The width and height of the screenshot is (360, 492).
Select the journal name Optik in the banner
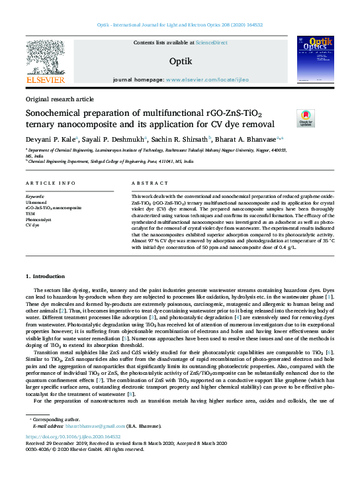[181, 61]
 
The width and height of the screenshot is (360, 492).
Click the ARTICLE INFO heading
[50, 183]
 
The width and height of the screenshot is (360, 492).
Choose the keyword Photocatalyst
[38, 219]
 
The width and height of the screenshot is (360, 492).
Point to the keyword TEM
[30, 213]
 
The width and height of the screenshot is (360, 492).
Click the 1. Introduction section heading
[46, 275]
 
